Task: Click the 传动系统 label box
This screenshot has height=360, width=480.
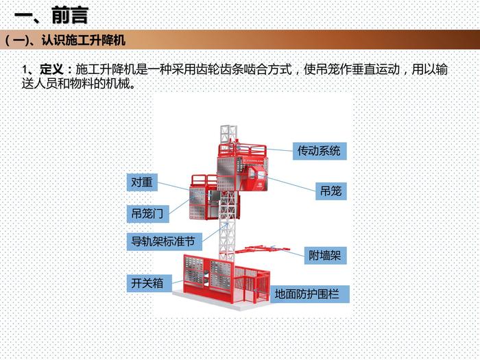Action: pos(317,149)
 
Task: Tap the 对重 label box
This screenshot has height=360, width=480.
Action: pos(144,182)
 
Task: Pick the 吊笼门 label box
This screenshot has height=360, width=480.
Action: pos(147,214)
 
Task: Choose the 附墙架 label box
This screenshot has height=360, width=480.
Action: pos(324,256)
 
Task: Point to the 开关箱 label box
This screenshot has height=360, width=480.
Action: pos(147,283)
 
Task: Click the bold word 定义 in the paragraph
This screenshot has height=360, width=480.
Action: pos(52,71)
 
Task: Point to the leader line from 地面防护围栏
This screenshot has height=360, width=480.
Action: pos(264,293)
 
